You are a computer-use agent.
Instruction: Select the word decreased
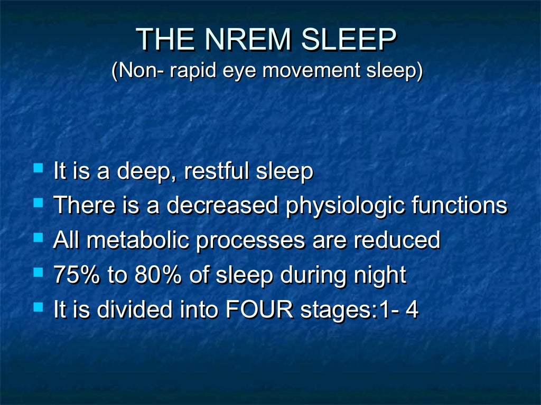point(222,206)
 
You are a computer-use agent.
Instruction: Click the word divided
point(130,310)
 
